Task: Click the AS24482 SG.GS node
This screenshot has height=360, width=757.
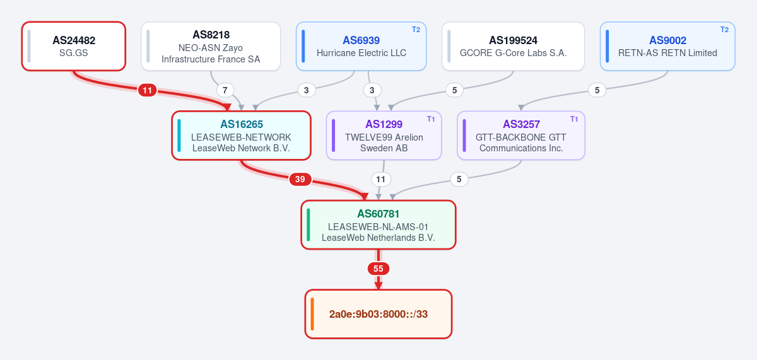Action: coord(74,46)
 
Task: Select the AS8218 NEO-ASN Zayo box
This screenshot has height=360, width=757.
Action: coord(211,46)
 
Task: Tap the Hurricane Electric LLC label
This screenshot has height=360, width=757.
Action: coord(361,53)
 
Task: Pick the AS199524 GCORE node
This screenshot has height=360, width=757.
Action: coord(513,46)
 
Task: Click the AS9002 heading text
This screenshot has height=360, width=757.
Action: coord(668,40)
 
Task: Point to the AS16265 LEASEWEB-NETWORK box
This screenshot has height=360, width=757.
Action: coord(241,136)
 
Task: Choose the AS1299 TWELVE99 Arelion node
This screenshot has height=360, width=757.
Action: coord(384,136)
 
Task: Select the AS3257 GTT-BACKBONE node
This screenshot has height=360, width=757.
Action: coord(521,136)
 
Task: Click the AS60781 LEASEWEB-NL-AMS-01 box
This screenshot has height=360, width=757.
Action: coord(378,225)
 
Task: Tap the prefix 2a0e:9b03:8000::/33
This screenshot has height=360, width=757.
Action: coord(378,314)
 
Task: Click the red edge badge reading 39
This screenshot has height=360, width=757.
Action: coord(300,179)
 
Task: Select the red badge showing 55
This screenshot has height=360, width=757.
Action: coord(378,269)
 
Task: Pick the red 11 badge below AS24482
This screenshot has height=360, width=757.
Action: coord(148,91)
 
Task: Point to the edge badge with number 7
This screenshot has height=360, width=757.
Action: coord(225,90)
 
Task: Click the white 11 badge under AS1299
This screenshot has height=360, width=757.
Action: coord(381,179)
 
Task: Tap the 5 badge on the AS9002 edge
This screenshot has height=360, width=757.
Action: coord(597,90)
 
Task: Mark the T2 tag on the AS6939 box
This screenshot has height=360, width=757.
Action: coord(416,30)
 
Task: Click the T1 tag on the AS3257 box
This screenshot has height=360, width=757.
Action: coord(574,119)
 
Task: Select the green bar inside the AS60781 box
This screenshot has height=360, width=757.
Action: coord(308,225)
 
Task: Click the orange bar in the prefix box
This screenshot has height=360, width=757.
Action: coord(312,314)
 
